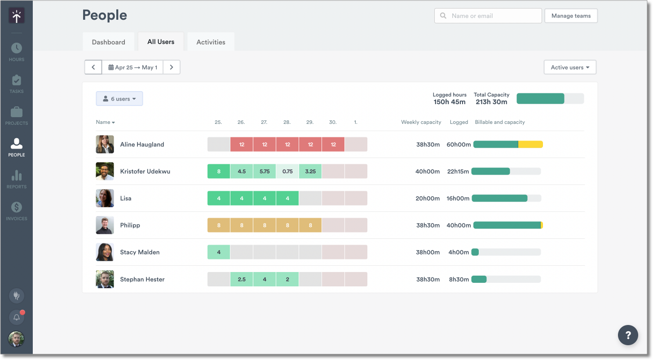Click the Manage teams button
tap(571, 16)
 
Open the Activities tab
tap(211, 42)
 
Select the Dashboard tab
tap(108, 42)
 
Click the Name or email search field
tap(488, 16)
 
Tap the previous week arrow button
tap(93, 67)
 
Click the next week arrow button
tap(171, 67)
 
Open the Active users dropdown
tap(569, 67)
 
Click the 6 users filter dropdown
tap(119, 99)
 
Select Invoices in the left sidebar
tap(17, 211)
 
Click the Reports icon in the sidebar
tap(17, 179)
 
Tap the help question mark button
tap(628, 335)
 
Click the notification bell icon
tap(17, 317)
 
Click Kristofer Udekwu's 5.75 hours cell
tap(265, 171)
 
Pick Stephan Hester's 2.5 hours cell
tap(242, 279)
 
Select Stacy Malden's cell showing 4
tap(219, 252)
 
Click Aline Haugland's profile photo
tap(105, 145)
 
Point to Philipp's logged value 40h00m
tap(459, 225)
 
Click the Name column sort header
tap(105, 122)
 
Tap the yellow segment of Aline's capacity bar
tap(531, 145)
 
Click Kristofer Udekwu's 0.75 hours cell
tap(287, 171)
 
